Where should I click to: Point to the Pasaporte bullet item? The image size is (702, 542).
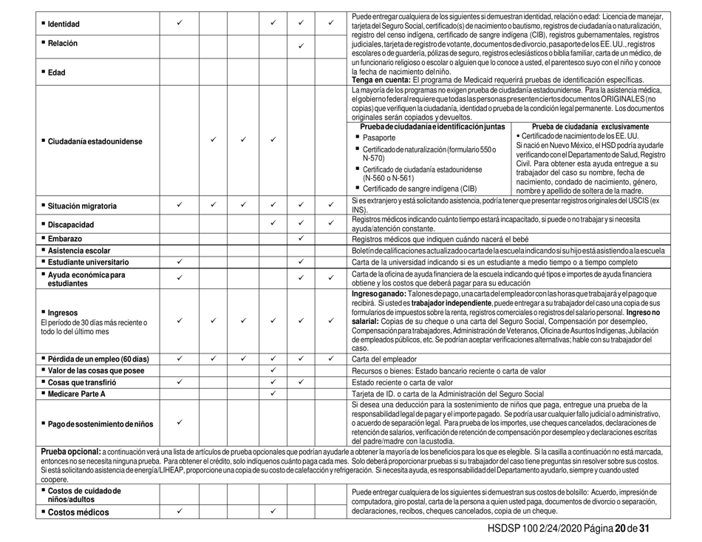pyautogui.click(x=381, y=138)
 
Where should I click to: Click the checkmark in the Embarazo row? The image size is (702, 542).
pyautogui.click(x=301, y=237)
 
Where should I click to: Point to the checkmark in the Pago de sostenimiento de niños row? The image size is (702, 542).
pyautogui.click(x=180, y=421)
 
